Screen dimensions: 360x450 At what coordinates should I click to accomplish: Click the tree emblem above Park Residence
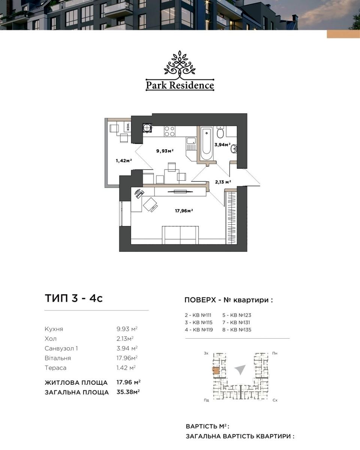(180, 64)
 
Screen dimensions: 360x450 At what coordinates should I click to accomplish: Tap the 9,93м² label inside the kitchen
(165, 150)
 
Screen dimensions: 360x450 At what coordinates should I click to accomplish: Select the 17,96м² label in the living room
(184, 211)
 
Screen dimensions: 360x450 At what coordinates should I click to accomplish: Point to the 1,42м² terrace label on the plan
(124, 160)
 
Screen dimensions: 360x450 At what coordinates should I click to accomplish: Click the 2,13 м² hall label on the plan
(223, 182)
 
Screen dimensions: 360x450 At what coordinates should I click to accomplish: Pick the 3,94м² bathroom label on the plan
(222, 144)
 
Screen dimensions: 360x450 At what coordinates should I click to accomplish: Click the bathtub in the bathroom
(207, 144)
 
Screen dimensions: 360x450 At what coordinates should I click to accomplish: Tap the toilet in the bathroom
(220, 132)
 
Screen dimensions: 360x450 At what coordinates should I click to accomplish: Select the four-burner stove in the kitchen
(169, 131)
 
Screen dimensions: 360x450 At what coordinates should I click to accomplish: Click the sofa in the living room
(180, 235)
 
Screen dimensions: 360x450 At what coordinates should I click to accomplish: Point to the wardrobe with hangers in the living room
(231, 217)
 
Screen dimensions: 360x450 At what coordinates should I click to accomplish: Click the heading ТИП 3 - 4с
(74, 298)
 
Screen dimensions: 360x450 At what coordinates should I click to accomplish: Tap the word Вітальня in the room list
(58, 358)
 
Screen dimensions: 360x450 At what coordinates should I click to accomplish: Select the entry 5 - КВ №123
(237, 315)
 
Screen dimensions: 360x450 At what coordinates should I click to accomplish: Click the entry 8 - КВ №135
(237, 330)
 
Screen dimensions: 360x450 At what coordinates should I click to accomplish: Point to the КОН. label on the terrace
(128, 126)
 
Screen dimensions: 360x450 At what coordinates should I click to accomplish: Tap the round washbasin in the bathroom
(234, 148)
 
